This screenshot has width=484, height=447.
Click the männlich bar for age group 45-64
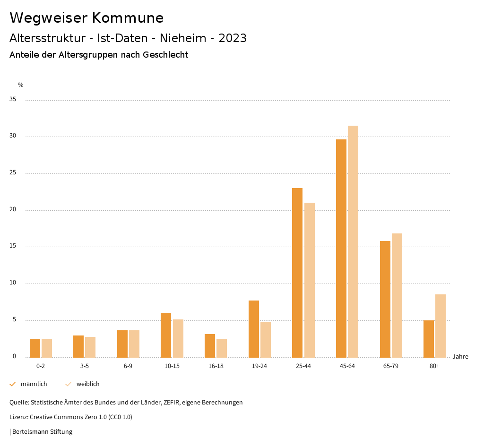(x=341, y=248)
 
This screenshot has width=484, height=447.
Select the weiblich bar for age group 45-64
(x=353, y=241)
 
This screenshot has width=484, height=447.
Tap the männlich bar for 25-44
(x=297, y=273)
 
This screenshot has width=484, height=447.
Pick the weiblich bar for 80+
(x=441, y=326)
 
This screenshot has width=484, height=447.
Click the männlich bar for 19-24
(x=254, y=329)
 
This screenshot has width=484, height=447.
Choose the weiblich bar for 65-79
(x=397, y=295)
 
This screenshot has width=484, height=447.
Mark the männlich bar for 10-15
(x=166, y=335)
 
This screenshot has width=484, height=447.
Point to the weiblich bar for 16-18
(x=222, y=348)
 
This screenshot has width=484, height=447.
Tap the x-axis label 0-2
(x=41, y=366)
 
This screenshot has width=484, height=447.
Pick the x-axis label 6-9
(x=128, y=366)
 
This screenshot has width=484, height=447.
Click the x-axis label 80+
(x=435, y=366)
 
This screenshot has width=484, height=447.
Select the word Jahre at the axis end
(x=460, y=357)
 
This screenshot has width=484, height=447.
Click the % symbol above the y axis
(x=21, y=85)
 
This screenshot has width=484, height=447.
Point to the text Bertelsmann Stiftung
(x=42, y=431)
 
